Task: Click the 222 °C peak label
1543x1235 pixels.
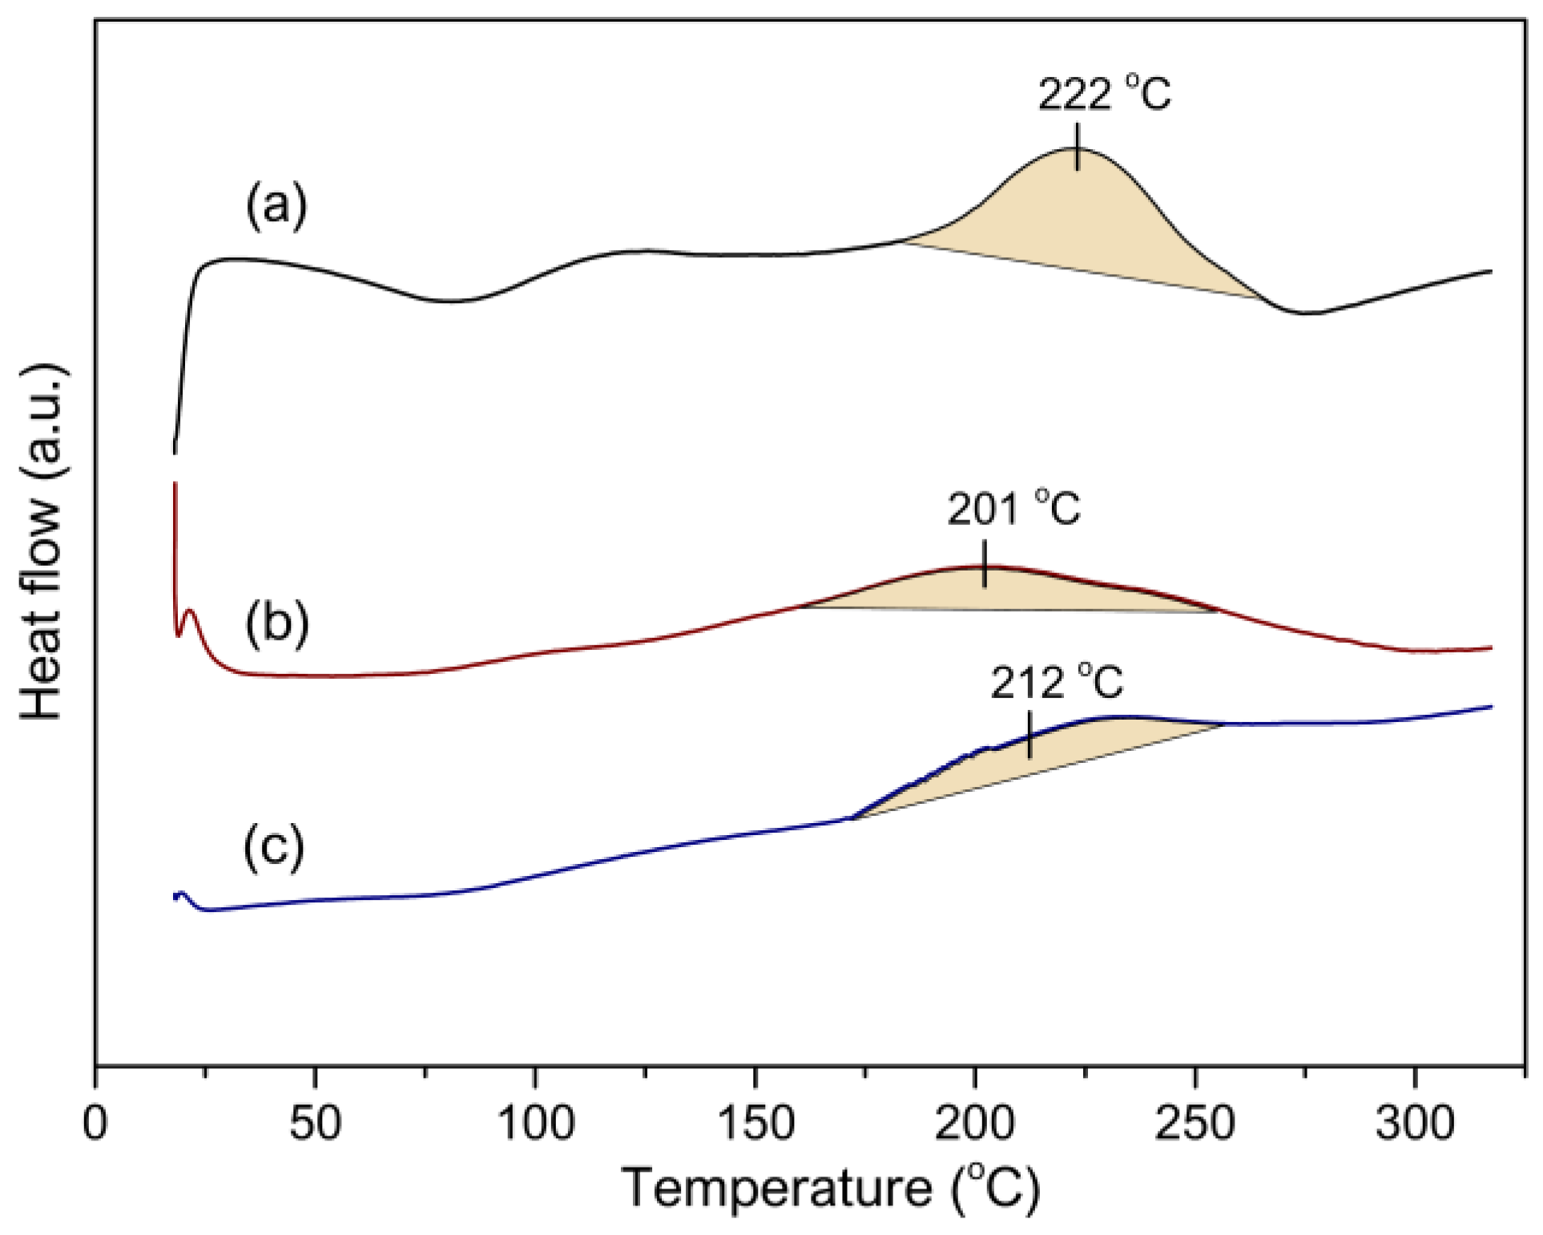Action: (x=1104, y=95)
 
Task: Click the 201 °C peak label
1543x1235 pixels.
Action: (x=1013, y=510)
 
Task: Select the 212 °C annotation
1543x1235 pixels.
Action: (x=1057, y=683)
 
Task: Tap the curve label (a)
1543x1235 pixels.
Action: (x=276, y=205)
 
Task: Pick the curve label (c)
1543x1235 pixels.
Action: (x=274, y=846)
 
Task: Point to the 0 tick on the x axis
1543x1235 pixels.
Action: (x=95, y=1124)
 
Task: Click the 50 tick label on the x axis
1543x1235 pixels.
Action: (x=315, y=1124)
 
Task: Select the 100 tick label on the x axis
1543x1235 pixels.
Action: (x=535, y=1124)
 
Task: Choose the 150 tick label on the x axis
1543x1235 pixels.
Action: (x=755, y=1124)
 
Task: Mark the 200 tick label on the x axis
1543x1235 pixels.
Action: (x=974, y=1124)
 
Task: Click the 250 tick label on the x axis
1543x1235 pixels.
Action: (x=1195, y=1124)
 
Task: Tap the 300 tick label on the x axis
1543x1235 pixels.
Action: (x=1414, y=1124)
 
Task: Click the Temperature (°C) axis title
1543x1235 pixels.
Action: (x=831, y=1189)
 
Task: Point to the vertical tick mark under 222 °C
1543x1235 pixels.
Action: (x=1077, y=147)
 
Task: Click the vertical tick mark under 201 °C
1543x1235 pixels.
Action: (x=984, y=564)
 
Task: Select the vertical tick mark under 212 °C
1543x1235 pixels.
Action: (x=1029, y=735)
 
